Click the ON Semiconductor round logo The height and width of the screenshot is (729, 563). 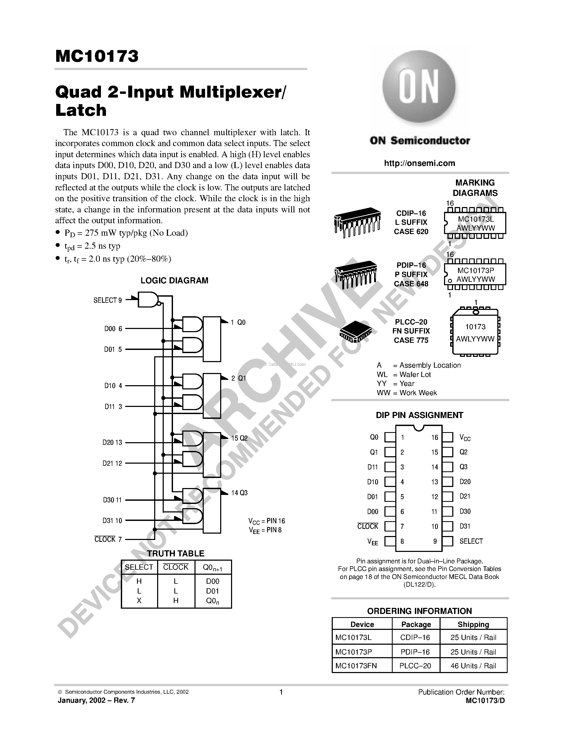[419, 87]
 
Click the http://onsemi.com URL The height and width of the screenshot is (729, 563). [419, 163]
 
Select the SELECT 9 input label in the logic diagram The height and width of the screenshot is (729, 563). [107, 300]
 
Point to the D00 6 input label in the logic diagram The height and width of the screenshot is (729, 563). [113, 329]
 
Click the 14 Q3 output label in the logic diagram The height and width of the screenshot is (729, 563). [239, 493]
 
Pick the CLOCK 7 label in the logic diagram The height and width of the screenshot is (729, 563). [108, 539]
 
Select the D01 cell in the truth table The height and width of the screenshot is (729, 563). [212, 591]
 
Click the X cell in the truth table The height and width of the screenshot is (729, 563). [139, 601]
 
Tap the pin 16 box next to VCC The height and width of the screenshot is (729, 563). [447, 437]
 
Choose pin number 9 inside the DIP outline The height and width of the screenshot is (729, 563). [435, 541]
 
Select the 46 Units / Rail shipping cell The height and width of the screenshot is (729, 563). [473, 666]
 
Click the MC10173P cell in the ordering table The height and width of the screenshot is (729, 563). [353, 652]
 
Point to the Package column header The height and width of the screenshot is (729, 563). [416, 624]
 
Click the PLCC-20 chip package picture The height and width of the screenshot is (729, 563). [356, 331]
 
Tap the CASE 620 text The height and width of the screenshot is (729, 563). [411, 232]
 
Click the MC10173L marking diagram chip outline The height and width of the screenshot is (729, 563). [475, 223]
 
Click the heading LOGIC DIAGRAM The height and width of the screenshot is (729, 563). [174, 280]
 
